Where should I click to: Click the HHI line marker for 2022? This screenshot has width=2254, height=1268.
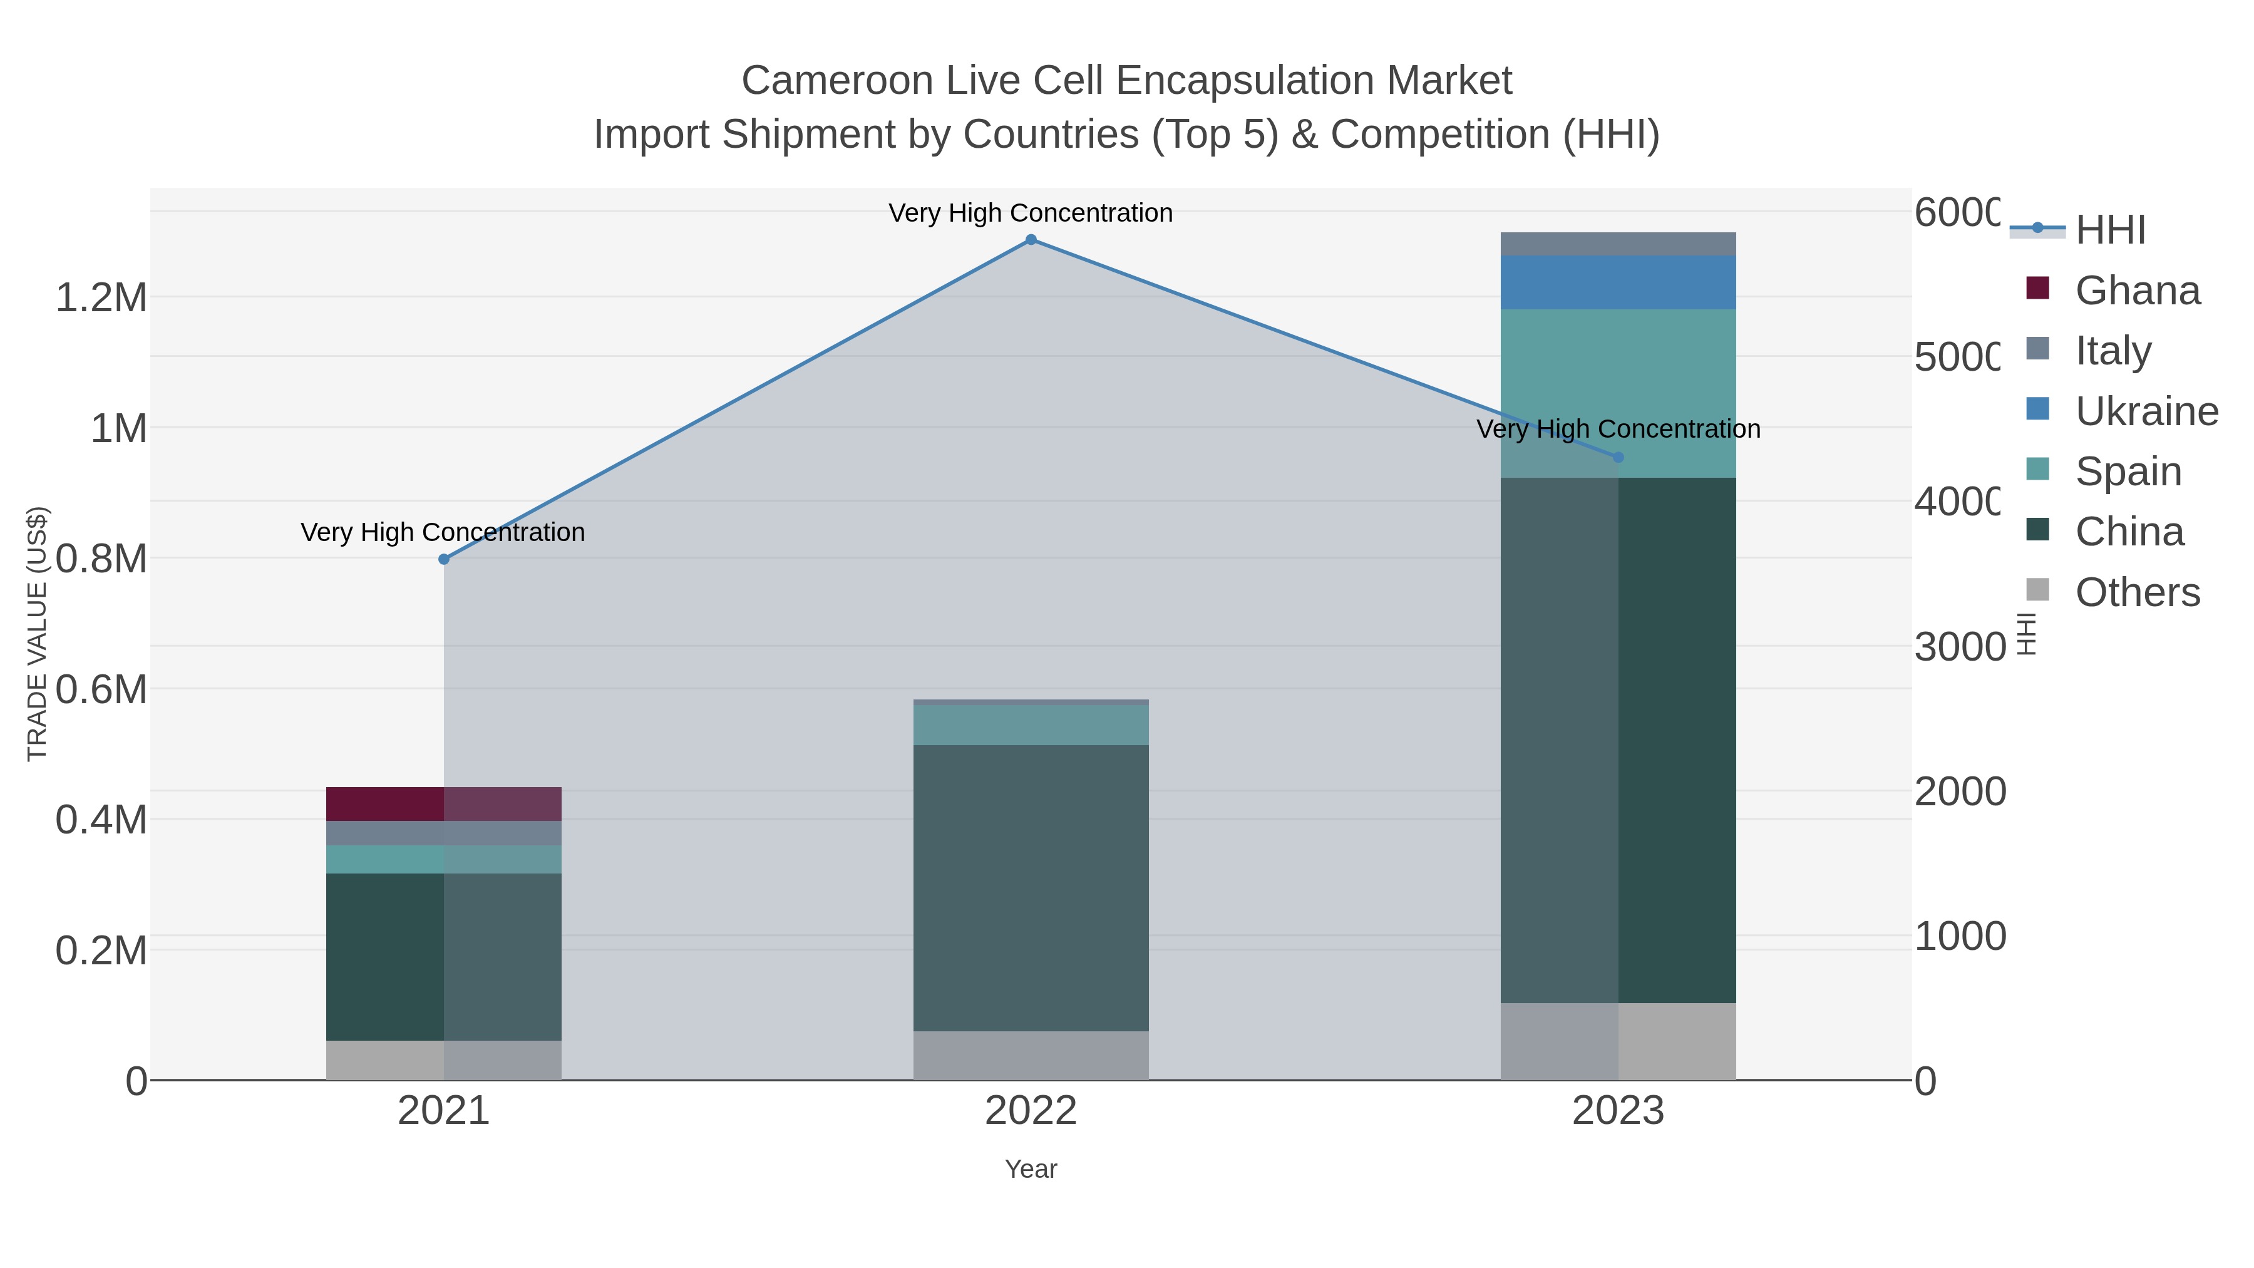(x=1031, y=240)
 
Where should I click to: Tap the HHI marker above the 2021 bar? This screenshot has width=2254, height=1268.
(x=444, y=559)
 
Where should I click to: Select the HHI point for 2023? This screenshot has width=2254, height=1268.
(x=1618, y=457)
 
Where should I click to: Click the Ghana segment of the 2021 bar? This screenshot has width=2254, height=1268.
(x=444, y=803)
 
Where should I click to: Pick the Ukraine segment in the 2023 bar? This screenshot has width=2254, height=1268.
(x=1618, y=282)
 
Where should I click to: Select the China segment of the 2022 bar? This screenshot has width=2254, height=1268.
(x=1031, y=887)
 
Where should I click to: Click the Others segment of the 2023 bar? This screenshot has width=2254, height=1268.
(x=1618, y=1041)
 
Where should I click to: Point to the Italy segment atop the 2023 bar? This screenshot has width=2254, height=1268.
(x=1618, y=244)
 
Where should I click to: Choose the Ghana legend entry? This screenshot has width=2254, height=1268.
(x=2137, y=290)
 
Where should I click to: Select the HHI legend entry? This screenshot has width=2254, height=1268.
(x=2109, y=229)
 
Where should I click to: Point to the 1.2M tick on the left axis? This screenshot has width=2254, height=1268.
(x=101, y=297)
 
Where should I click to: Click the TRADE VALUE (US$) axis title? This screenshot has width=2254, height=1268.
(x=37, y=634)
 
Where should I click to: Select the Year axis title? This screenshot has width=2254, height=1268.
(x=1031, y=1168)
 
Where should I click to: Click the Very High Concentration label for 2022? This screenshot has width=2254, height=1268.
(x=1031, y=213)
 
